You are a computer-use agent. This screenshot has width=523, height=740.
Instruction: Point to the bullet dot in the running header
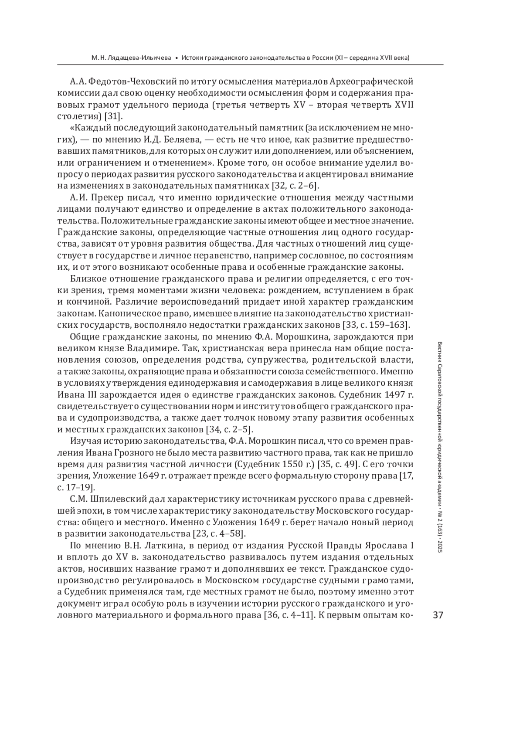(176, 57)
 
